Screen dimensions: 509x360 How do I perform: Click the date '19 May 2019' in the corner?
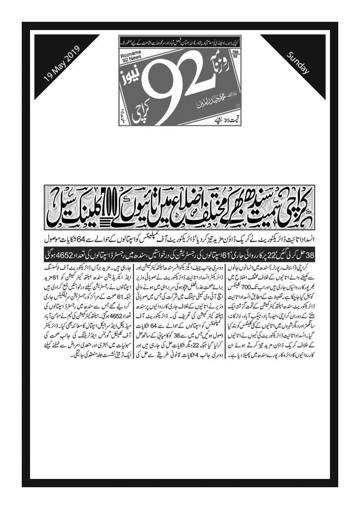coord(61,65)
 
